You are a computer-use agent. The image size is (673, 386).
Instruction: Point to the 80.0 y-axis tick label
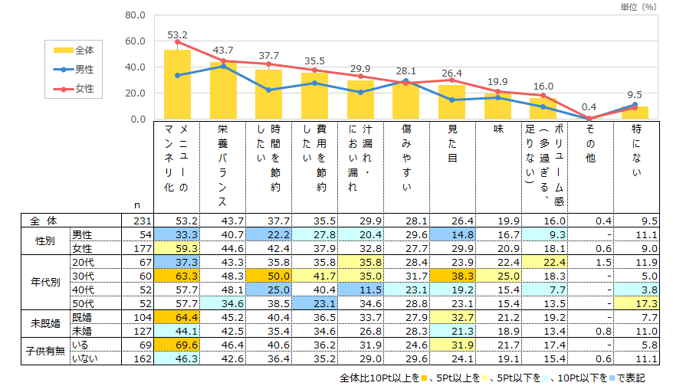[134, 15]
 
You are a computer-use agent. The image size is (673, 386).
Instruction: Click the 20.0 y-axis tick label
[134, 93]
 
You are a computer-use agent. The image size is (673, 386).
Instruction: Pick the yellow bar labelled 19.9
[497, 106]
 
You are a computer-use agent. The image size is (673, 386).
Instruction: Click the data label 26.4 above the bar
[451, 74]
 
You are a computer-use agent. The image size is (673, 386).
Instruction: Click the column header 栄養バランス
[223, 165]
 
